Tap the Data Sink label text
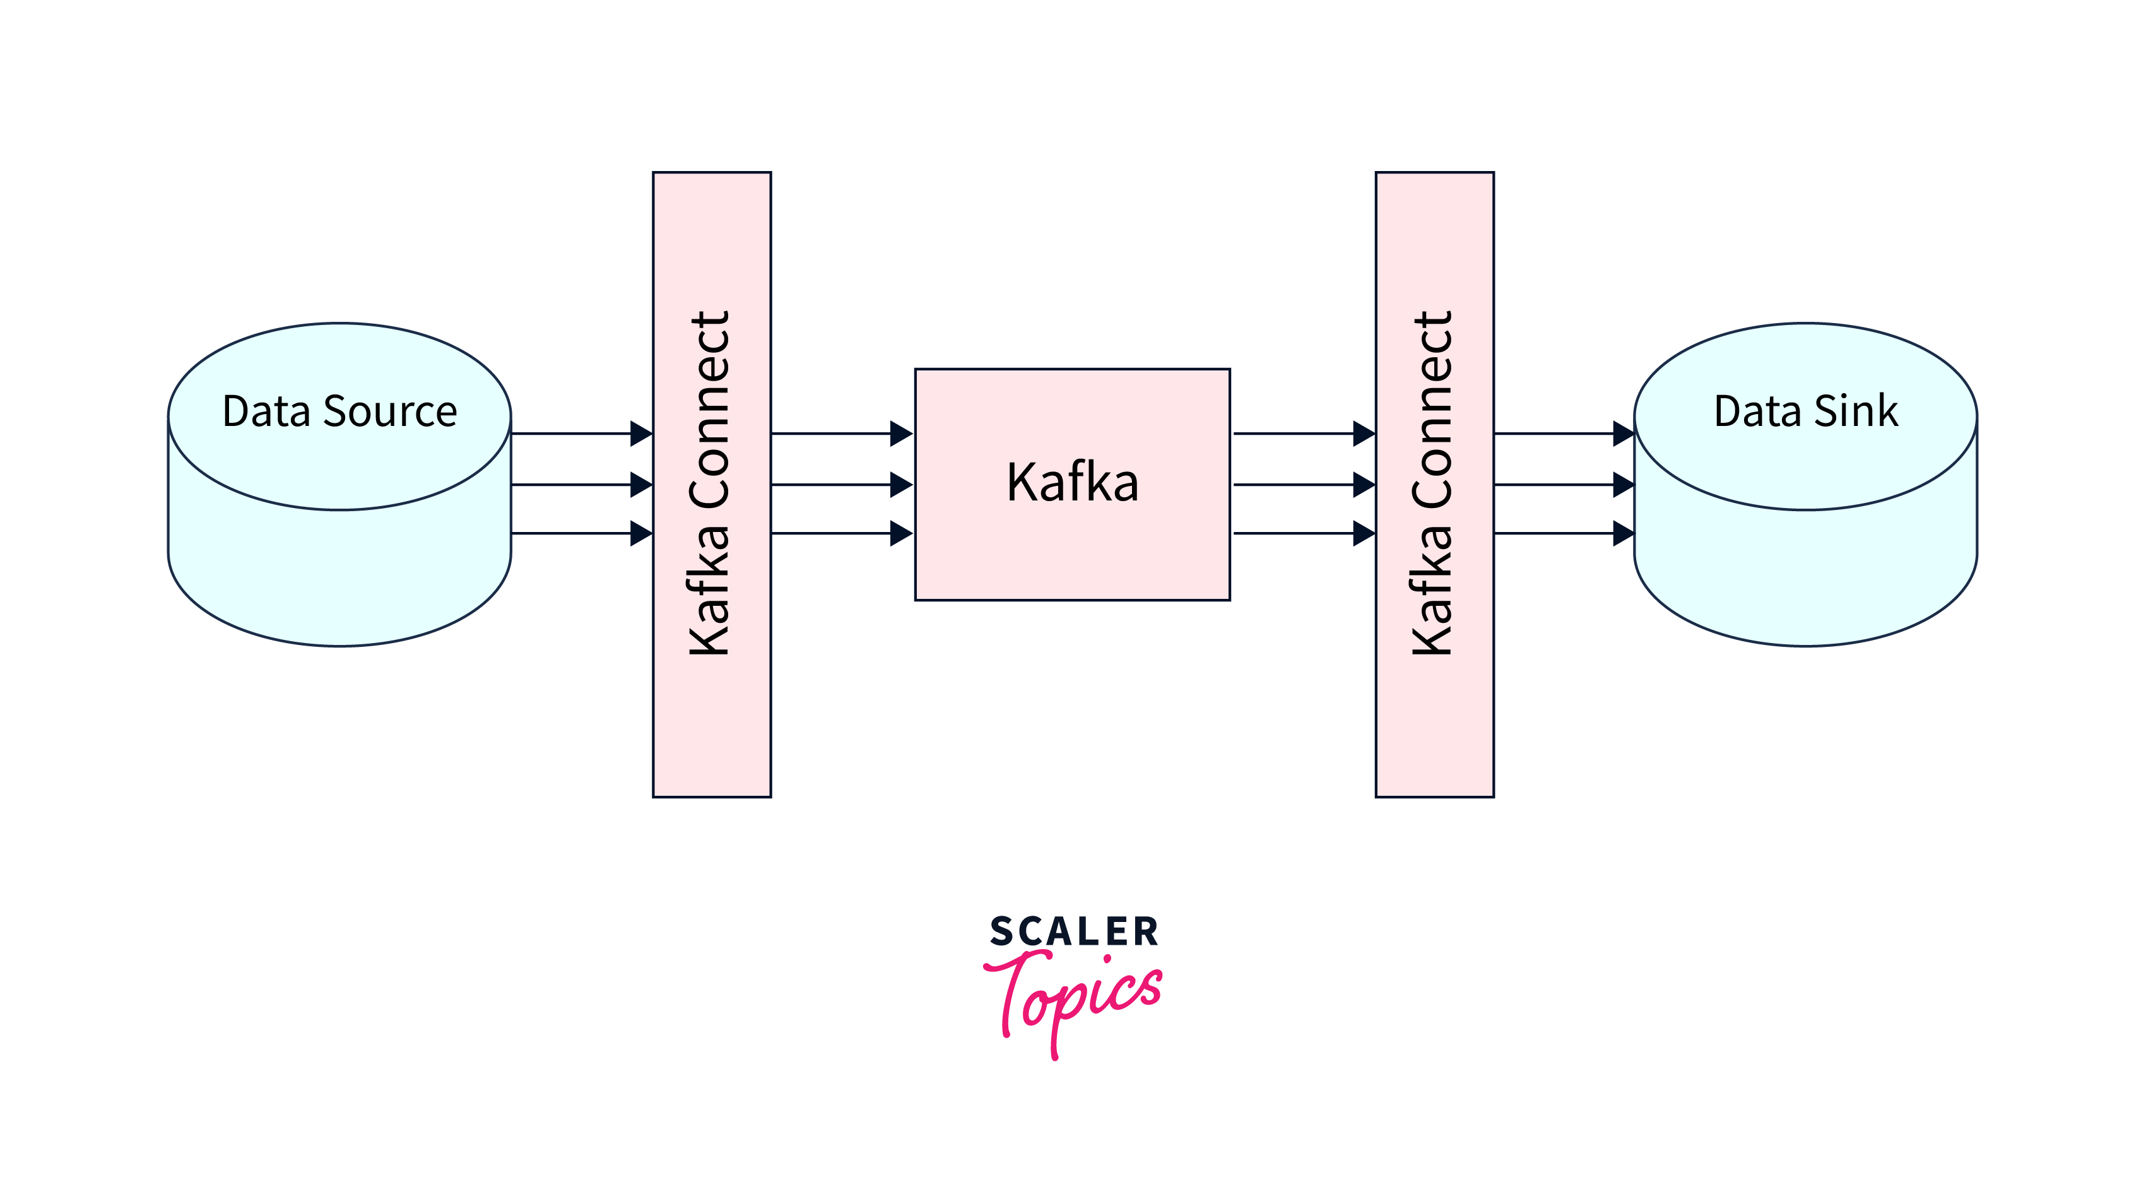point(1805,411)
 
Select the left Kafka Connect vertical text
point(710,483)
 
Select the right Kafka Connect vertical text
point(1433,483)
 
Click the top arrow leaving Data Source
point(582,433)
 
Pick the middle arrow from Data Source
point(582,484)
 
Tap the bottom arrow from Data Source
point(582,533)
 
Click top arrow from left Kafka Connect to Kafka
point(841,433)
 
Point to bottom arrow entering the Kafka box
point(841,533)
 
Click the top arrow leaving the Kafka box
point(1304,433)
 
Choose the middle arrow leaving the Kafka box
point(1304,484)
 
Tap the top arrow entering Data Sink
point(1564,433)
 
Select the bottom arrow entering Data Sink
point(1564,533)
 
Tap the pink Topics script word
point(1075,995)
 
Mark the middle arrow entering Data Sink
point(1564,484)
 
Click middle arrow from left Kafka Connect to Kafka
point(841,484)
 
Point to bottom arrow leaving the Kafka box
point(1304,533)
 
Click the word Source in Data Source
point(390,411)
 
